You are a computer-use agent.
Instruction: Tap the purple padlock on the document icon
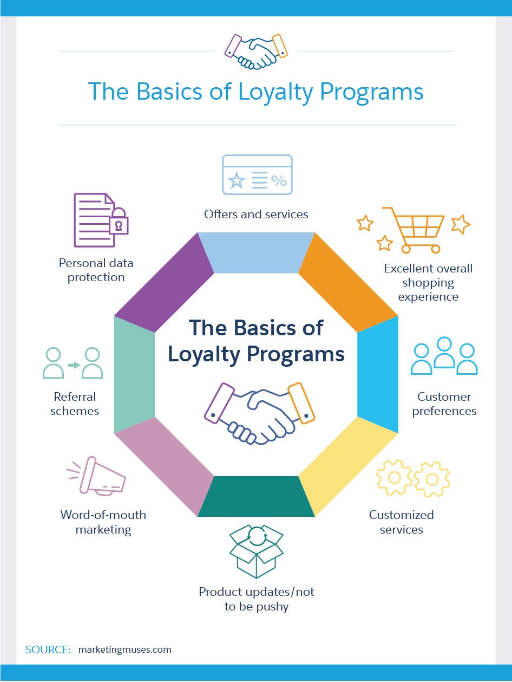point(119,223)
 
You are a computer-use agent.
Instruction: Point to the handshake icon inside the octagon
point(259,412)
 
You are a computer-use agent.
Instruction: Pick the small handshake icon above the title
point(255,52)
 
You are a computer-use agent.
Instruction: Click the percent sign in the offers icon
point(279,181)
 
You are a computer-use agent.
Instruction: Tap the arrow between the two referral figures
point(73,365)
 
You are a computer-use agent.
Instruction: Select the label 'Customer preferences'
point(444,404)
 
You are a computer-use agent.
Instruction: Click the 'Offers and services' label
point(256,215)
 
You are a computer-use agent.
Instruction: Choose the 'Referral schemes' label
point(75,404)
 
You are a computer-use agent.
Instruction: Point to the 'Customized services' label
point(401,522)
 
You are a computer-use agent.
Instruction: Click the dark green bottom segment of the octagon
point(256,496)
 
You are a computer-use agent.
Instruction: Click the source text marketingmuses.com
point(124,649)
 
